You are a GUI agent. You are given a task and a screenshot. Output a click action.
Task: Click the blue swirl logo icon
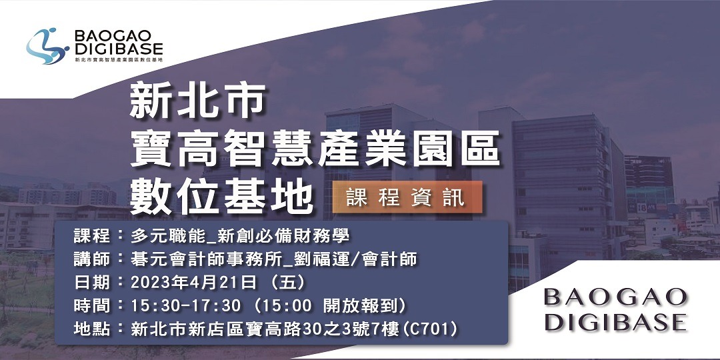tap(47, 46)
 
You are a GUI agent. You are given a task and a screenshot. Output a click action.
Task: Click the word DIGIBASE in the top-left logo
tap(119, 49)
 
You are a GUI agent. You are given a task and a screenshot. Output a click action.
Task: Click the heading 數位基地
tap(221, 195)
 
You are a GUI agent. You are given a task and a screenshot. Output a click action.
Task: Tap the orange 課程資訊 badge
tap(406, 197)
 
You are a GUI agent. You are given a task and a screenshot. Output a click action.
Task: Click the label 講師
tap(92, 259)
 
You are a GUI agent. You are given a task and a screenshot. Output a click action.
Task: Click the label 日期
tap(92, 282)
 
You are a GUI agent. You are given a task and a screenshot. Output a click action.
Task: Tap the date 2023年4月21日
tap(194, 282)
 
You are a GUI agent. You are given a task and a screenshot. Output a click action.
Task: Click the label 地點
tap(92, 327)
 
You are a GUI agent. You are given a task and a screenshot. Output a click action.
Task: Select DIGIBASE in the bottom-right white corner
tap(615, 322)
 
